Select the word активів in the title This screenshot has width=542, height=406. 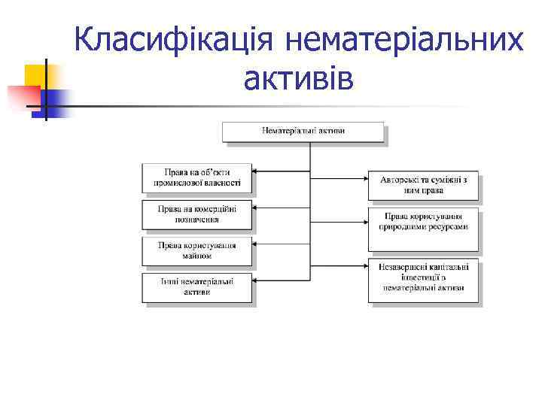coord(298,77)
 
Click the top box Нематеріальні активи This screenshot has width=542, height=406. coord(303,132)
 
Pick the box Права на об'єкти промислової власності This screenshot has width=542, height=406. coord(196,177)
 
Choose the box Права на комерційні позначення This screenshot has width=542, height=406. coord(196,214)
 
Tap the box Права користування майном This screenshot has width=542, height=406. coord(196,250)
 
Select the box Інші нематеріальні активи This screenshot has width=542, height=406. coord(196,286)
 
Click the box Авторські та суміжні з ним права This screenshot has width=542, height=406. coord(422,185)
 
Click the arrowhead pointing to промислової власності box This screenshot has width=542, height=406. coord(255,171)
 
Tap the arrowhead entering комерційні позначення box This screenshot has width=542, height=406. coord(255,208)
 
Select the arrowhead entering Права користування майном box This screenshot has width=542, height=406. coord(255,244)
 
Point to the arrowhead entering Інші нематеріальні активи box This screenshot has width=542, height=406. coord(255,280)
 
